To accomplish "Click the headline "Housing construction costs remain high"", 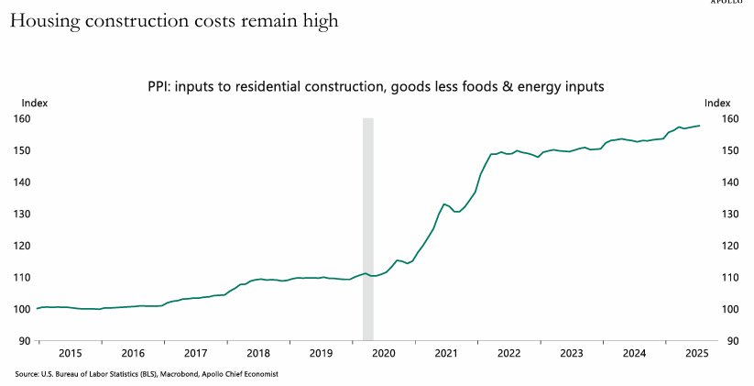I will pos(174,21).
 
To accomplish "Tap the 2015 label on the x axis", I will pos(70,352).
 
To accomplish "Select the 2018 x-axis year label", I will pos(258,352).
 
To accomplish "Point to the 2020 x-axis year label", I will pos(383,352).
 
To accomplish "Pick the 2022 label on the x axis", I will pos(508,352).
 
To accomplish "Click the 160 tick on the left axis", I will pos(23,119).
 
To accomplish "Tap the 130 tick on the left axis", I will pos(23,214).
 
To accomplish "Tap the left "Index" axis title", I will pos(34,103).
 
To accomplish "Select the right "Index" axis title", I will pos(717,103).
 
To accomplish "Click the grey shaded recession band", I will pos(368,229).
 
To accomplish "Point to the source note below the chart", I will pos(147,374).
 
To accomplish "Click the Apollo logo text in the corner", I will pos(732,3).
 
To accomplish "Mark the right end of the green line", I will pos(700,126).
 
